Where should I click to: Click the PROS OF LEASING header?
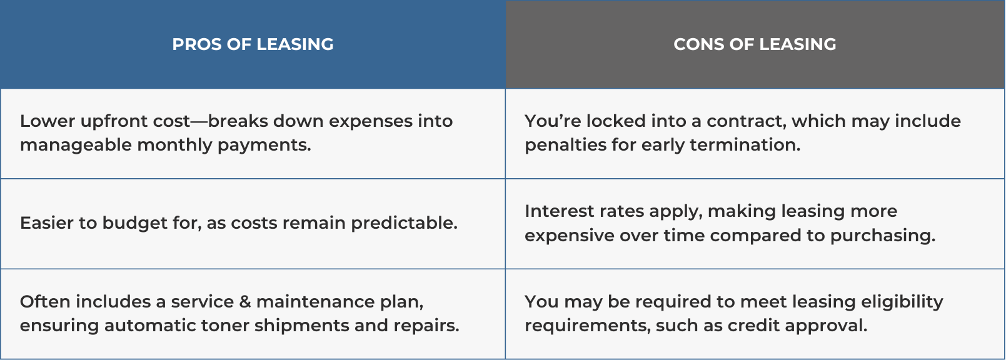coord(253,44)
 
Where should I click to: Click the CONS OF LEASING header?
coord(755,44)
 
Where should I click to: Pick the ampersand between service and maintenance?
coord(244,302)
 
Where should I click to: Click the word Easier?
coord(46,223)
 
